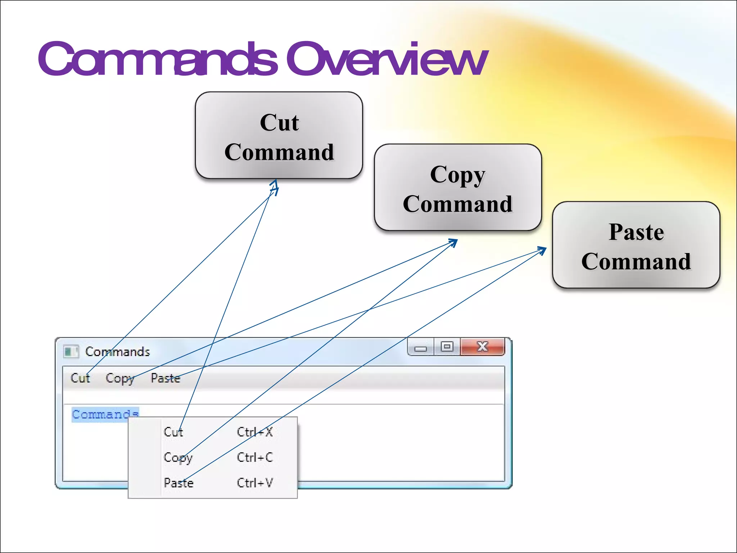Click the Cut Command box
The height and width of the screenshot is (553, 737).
tap(279, 136)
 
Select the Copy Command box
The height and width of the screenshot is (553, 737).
tap(458, 188)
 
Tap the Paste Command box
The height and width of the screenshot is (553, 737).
tap(636, 245)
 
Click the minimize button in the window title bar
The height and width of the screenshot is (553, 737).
tap(420, 347)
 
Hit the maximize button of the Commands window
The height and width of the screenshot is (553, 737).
tap(447, 347)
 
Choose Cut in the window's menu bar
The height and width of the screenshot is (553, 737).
tap(80, 378)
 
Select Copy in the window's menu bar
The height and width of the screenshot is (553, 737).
tap(120, 378)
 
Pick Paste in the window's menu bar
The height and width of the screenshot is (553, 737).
tap(165, 378)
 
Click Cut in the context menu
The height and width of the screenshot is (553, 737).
tap(173, 432)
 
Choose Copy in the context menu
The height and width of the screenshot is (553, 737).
tap(178, 458)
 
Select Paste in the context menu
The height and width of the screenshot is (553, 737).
tap(178, 483)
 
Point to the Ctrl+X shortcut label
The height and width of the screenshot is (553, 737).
tap(255, 432)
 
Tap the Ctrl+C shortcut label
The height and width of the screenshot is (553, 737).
tap(255, 457)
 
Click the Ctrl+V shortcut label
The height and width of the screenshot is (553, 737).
tap(255, 483)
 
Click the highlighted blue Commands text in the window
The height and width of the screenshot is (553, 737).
tap(105, 414)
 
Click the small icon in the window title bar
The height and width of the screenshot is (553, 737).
tap(71, 351)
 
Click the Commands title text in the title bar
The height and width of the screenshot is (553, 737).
tap(117, 351)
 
